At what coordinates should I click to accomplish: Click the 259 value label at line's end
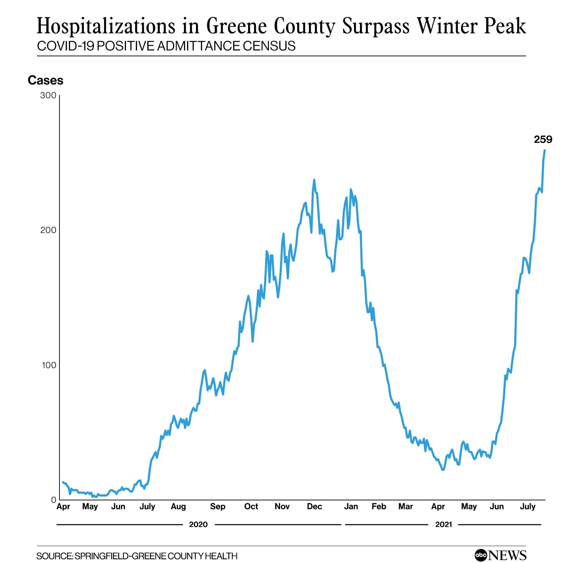pyautogui.click(x=543, y=140)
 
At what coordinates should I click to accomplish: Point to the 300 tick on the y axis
pyautogui.click(x=49, y=96)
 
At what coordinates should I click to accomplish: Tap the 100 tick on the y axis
pyautogui.click(x=49, y=365)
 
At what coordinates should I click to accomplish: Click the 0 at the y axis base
pyautogui.click(x=53, y=500)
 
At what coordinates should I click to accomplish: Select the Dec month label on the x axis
pyautogui.click(x=314, y=507)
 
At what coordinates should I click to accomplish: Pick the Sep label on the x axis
pyautogui.click(x=217, y=507)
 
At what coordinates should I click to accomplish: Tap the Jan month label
pyautogui.click(x=351, y=507)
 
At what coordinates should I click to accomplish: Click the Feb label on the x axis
pyautogui.click(x=379, y=507)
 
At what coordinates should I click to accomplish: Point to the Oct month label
pyautogui.click(x=251, y=507)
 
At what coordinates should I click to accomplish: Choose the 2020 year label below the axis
pyautogui.click(x=198, y=525)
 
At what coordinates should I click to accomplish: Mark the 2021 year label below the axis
pyautogui.click(x=443, y=525)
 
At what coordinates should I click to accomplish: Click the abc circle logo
pyautogui.click(x=481, y=556)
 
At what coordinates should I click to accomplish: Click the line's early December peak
pyautogui.click(x=314, y=180)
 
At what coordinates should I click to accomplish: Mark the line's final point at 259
pyautogui.click(x=545, y=151)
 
